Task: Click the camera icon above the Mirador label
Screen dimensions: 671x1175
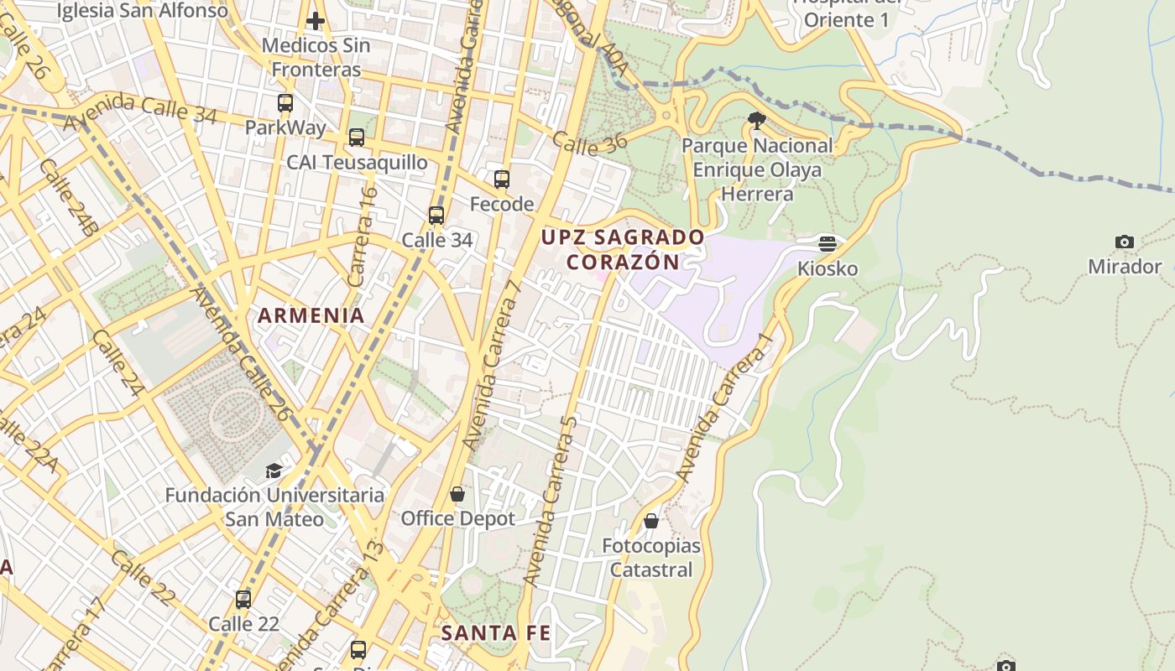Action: pos(1125,242)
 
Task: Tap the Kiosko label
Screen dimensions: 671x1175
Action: pos(828,268)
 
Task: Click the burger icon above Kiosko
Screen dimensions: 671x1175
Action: pos(828,244)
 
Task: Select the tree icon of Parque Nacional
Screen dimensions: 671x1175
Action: pos(756,121)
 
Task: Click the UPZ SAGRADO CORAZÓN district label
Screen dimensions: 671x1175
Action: pos(623,249)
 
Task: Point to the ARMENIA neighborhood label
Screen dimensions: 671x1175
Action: pos(311,316)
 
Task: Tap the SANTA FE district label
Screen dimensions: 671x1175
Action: pos(496,633)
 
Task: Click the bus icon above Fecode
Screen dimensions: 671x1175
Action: pos(502,179)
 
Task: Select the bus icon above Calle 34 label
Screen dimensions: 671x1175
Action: pos(436,216)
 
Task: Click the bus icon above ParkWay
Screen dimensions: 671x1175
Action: pos(285,103)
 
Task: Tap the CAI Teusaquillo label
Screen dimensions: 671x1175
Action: pos(358,162)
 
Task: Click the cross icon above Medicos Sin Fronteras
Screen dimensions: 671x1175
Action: pos(316,20)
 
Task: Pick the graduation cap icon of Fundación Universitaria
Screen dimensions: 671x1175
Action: pos(274,471)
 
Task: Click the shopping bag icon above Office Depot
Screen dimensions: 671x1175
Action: pos(457,494)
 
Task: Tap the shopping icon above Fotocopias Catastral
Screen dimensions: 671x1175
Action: pos(651,522)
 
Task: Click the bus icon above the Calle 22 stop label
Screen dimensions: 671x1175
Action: pos(243,600)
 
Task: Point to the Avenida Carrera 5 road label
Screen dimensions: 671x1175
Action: pos(551,502)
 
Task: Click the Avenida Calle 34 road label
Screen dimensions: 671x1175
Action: pos(140,111)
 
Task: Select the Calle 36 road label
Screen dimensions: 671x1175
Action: pos(590,144)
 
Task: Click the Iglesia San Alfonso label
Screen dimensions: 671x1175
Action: pos(143,11)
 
